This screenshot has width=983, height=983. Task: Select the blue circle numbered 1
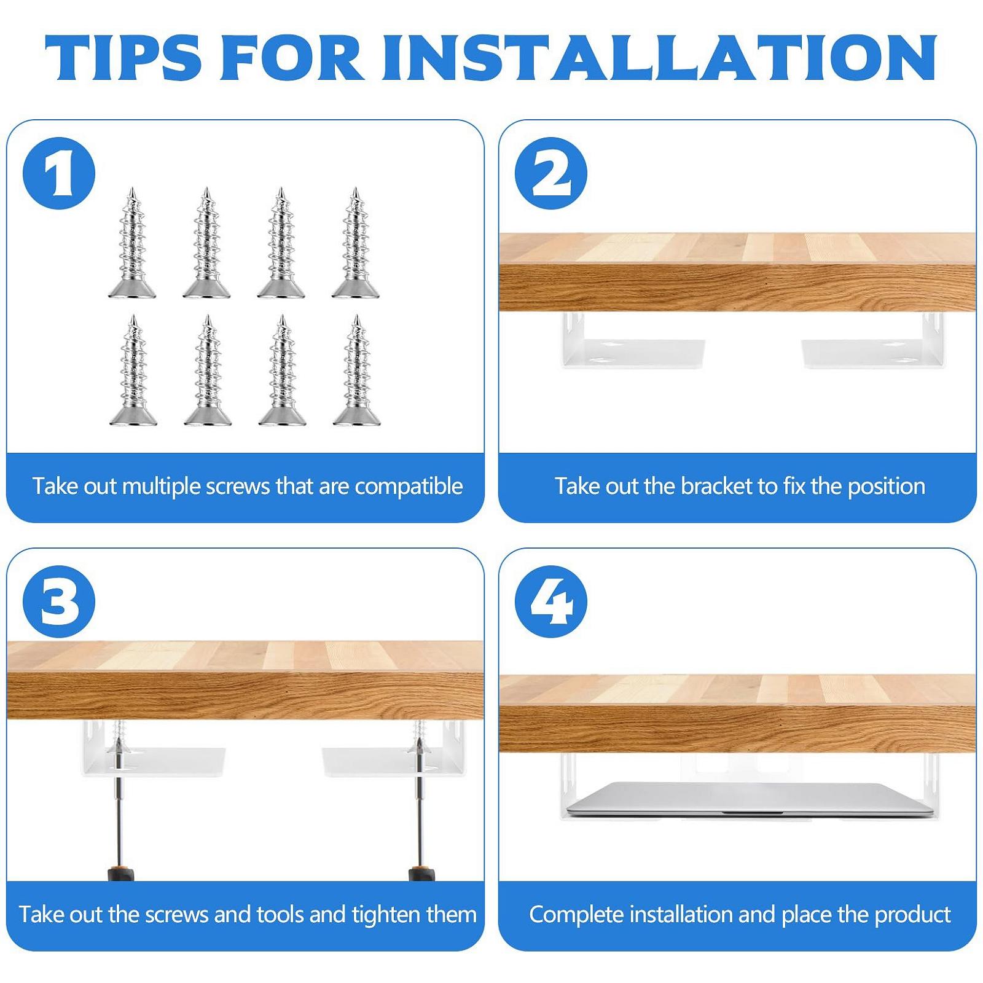pos(59,173)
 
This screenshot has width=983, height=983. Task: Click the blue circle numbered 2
pos(551,173)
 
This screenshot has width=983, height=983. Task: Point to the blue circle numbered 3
pos(59,601)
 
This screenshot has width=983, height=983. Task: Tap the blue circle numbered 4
pos(551,601)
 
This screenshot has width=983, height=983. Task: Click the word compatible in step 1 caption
pos(409,487)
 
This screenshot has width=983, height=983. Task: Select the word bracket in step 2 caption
pos(718,486)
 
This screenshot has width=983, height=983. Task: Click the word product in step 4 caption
pos(913,915)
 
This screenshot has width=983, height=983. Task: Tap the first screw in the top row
pos(132,243)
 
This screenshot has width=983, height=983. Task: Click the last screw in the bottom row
pos(356,370)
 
